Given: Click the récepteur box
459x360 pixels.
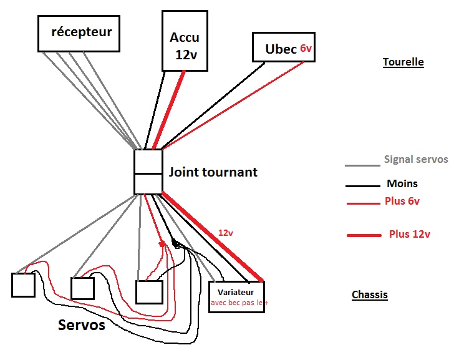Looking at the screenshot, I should tap(78, 32).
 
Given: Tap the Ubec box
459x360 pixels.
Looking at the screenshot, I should tap(283, 47).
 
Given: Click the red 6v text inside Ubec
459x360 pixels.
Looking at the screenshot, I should tap(305, 48).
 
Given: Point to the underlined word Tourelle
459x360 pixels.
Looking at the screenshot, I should tap(403, 62).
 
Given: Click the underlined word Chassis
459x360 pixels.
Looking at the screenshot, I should tap(369, 294).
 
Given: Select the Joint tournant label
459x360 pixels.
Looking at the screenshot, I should tap(213, 172).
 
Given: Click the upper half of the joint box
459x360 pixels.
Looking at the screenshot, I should tap(148, 161).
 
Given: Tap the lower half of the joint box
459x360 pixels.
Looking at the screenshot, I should tap(148, 183).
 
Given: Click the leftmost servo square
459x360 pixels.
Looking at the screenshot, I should tap(24, 285).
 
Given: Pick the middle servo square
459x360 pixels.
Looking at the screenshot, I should tap(82, 288).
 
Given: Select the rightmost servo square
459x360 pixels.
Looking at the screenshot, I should tap(149, 292).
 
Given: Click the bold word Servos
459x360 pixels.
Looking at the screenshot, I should tap(81, 325).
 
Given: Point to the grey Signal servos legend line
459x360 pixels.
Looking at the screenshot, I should tap(362, 166).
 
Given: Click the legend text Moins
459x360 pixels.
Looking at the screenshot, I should tap(402, 183).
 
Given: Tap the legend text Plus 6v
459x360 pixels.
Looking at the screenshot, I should tap(402, 201).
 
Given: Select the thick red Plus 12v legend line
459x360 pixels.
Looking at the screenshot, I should tap(364, 235).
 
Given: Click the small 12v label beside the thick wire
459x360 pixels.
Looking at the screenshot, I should tap(225, 232).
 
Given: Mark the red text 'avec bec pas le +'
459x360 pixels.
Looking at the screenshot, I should tap(236, 303).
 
